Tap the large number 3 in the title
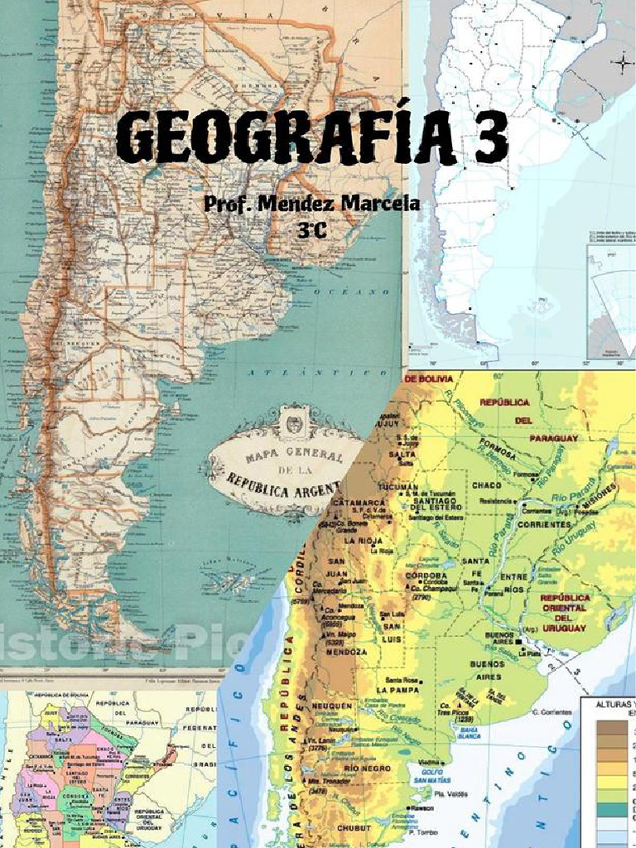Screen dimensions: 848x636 click(489, 139)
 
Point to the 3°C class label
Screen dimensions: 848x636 click(312, 231)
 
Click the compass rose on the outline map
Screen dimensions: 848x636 click(621, 62)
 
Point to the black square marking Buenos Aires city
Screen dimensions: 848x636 click(518, 641)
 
